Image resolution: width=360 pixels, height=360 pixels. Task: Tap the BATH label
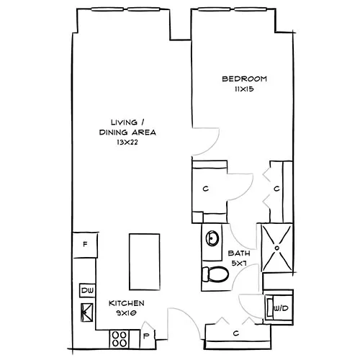pyautogui.click(x=239, y=253)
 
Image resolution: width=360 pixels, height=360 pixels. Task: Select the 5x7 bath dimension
pyautogui.click(x=239, y=264)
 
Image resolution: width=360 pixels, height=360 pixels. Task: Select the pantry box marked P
pyautogui.click(x=146, y=336)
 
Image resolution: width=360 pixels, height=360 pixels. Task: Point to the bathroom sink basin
pyautogui.click(x=212, y=238)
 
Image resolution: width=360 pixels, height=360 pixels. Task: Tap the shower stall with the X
pyautogui.click(x=277, y=247)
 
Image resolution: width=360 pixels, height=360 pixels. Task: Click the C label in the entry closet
pyautogui.click(x=236, y=333)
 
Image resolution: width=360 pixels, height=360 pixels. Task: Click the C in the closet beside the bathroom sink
pyautogui.click(x=207, y=189)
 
